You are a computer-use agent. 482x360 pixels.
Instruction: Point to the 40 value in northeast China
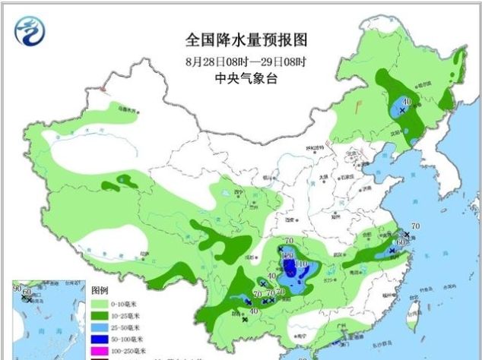(407, 102)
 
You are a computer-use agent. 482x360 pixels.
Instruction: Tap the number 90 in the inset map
(17, 289)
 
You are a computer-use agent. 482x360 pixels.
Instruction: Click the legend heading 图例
(100, 291)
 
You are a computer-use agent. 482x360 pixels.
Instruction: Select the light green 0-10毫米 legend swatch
(101, 303)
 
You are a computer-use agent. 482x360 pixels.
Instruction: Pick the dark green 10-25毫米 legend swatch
(101, 315)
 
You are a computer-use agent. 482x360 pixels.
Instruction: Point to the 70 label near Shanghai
(415, 226)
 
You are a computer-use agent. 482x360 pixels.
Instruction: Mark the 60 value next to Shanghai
(400, 241)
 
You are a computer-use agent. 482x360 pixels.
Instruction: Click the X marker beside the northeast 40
(401, 111)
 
